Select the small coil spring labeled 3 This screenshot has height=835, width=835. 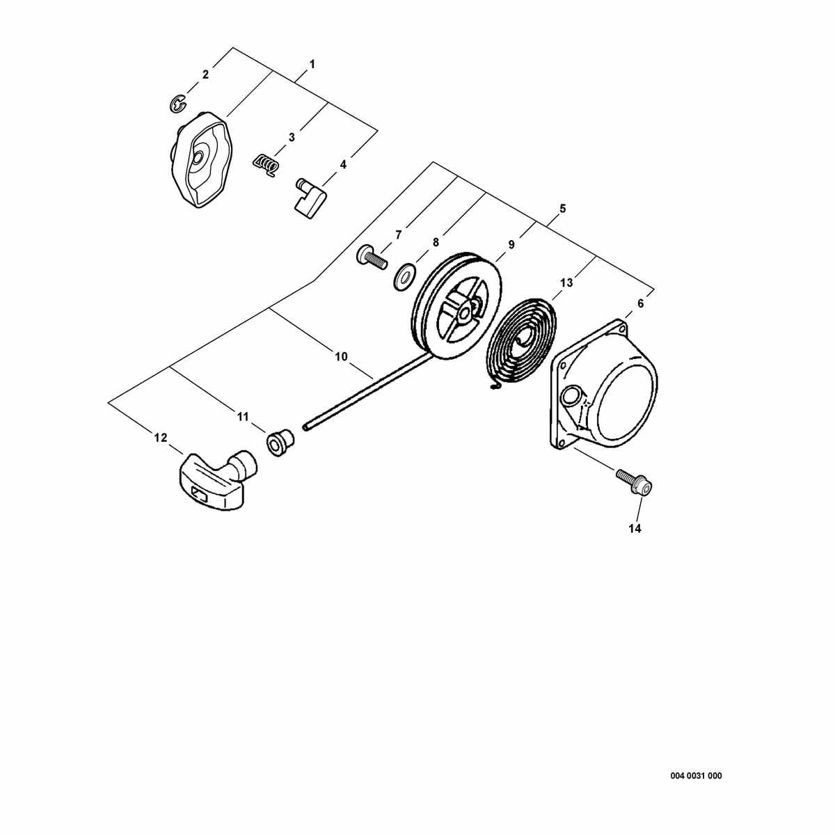(x=266, y=165)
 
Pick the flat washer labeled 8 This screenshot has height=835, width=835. (x=404, y=276)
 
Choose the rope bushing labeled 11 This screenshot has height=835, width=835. (x=280, y=442)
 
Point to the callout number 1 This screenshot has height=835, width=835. (x=312, y=65)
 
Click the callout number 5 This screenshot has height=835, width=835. (x=562, y=209)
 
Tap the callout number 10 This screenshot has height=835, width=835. (x=342, y=357)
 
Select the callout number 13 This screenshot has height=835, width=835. (x=566, y=283)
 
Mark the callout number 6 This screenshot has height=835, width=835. (x=641, y=304)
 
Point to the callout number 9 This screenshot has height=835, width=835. (x=511, y=245)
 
